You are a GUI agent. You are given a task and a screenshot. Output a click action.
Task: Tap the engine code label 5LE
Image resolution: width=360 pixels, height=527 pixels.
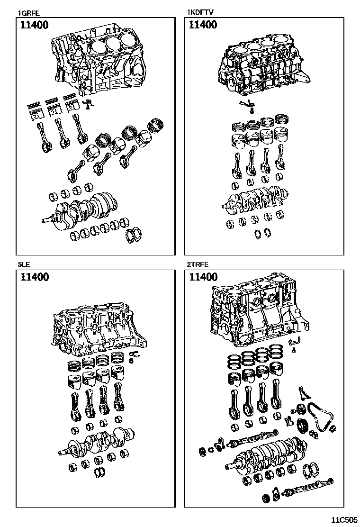24,265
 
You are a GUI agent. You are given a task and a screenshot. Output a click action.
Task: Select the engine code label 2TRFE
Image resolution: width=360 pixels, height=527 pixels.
198,265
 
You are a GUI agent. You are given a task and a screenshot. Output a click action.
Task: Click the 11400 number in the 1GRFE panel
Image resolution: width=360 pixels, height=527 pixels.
34,25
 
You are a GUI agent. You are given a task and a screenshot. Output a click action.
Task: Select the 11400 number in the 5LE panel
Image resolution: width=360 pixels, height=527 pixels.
34,277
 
